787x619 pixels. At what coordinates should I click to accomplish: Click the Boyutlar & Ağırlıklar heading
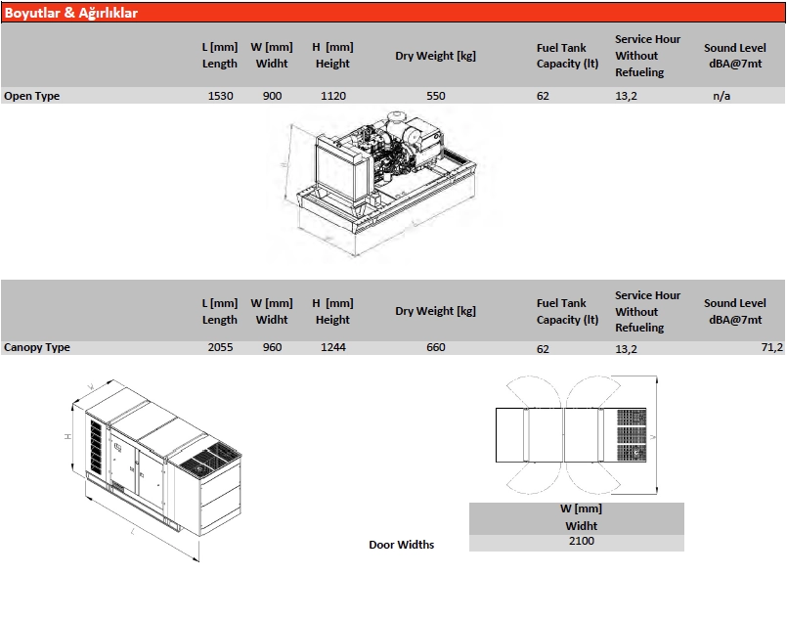click(x=70, y=13)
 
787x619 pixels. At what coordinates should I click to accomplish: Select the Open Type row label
click(x=31, y=96)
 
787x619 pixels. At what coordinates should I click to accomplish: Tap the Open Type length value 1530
click(x=220, y=96)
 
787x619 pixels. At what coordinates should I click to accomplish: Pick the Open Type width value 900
click(x=272, y=96)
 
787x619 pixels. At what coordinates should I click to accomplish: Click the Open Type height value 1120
click(x=333, y=96)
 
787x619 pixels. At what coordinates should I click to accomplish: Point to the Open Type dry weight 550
click(x=436, y=96)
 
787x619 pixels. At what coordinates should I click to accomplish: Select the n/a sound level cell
click(x=721, y=96)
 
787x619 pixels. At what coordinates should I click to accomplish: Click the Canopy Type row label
click(x=36, y=347)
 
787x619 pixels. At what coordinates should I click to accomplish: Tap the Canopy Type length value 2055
click(x=220, y=347)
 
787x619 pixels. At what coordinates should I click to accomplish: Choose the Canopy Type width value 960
click(x=272, y=347)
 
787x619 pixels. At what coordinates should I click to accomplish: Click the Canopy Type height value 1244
click(x=333, y=347)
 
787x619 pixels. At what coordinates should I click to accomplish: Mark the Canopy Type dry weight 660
click(x=436, y=347)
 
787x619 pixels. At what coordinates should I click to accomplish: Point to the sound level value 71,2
click(x=772, y=347)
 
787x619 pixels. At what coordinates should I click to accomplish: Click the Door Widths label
click(x=402, y=545)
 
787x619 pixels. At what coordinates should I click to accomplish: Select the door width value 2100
click(x=582, y=541)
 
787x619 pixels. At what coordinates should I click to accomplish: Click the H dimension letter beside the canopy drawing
click(x=68, y=437)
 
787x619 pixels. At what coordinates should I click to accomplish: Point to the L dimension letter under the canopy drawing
click(x=133, y=531)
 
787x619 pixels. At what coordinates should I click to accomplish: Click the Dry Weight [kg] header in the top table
click(x=435, y=56)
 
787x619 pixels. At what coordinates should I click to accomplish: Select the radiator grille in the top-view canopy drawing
click(x=632, y=435)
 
